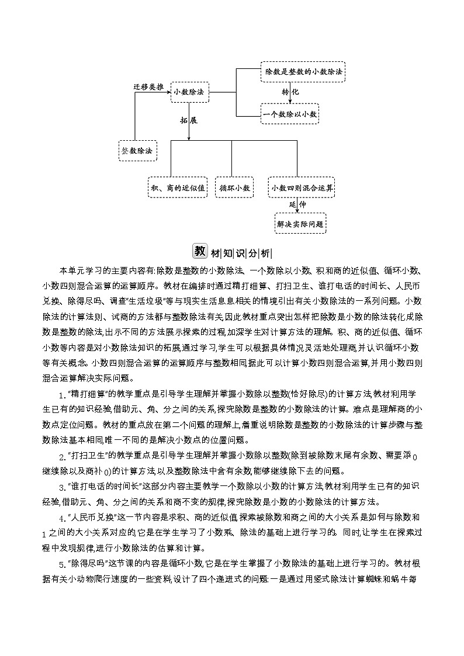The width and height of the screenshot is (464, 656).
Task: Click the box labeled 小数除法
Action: tap(189, 92)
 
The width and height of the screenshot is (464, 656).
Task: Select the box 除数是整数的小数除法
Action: tap(302, 71)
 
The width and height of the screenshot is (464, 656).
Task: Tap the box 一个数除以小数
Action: tap(290, 114)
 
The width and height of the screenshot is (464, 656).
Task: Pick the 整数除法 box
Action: tap(137, 150)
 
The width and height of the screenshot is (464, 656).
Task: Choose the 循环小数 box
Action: tap(234, 188)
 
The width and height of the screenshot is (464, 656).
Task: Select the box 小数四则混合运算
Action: tap(302, 188)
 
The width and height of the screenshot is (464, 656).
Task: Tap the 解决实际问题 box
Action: tap(300, 223)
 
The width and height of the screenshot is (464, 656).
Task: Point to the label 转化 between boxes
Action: tap(290, 92)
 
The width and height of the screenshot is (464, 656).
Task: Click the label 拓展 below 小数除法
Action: tap(189, 120)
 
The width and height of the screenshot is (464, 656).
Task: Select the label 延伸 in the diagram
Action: tap(297, 205)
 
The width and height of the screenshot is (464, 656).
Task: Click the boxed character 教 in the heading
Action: tap(200, 251)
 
